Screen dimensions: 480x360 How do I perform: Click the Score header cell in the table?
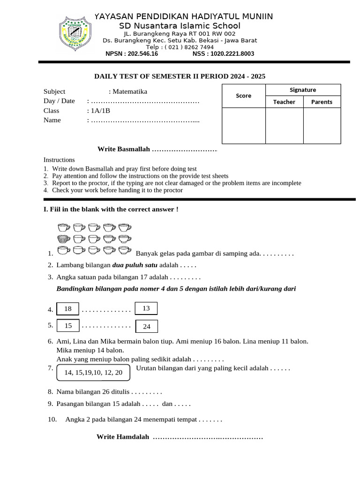(x=243, y=96)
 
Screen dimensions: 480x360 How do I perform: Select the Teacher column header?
(x=284, y=102)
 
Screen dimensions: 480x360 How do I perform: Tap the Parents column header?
(x=322, y=102)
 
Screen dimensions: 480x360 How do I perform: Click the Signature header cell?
(x=303, y=90)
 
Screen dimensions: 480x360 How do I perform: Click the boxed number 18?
(x=67, y=309)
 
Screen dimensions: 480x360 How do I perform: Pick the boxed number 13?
(x=146, y=308)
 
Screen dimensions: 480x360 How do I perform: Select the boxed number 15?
(x=68, y=325)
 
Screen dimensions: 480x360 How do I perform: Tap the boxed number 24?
(x=146, y=326)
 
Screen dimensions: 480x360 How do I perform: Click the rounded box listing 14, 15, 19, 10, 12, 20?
(x=93, y=372)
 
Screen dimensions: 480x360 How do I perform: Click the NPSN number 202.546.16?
(x=132, y=54)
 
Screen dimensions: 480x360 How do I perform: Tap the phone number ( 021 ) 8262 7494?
(x=187, y=47)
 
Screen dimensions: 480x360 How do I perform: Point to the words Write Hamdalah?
(x=123, y=437)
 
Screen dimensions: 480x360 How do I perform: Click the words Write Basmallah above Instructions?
(x=124, y=149)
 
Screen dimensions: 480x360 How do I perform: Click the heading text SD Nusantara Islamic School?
(x=180, y=26)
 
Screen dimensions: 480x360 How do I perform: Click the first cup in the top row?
(x=63, y=228)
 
